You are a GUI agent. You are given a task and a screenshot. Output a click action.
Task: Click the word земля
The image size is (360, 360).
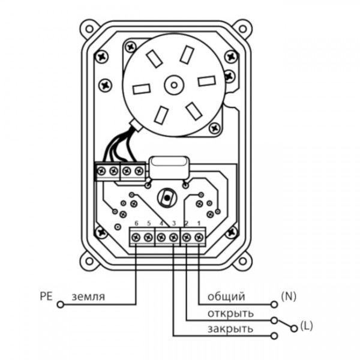point(88,296)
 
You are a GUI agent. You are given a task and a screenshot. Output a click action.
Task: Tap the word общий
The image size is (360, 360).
point(226,296)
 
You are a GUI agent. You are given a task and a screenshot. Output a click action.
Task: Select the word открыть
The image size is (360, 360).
point(230,313)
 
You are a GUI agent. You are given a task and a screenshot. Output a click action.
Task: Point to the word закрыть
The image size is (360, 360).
point(230,329)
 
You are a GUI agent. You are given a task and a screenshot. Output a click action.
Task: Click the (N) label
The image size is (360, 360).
point(289,296)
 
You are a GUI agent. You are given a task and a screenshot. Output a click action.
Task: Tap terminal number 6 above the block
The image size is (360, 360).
point(136,224)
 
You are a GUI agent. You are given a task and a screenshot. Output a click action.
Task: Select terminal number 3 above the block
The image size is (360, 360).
point(174,224)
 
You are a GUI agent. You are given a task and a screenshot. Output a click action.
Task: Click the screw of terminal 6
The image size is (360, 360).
point(136,238)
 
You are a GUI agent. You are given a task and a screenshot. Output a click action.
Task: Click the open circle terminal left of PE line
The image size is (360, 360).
point(60,305)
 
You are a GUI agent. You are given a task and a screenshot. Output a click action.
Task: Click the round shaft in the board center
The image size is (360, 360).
point(166,196)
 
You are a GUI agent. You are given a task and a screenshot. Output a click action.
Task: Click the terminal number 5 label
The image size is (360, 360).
point(148,224)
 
